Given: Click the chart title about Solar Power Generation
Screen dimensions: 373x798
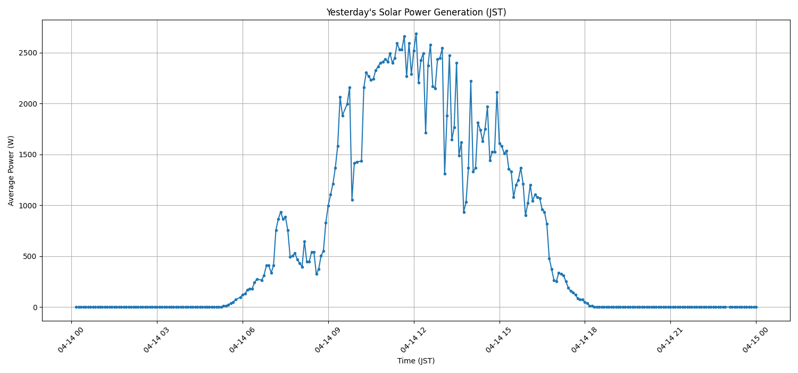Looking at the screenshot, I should tap(416, 12).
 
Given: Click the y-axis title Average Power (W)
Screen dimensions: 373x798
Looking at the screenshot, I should tap(11, 171).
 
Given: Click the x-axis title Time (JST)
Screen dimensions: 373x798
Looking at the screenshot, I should tap(416, 361).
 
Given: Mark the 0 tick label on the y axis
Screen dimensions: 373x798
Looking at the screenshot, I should tap(35, 307).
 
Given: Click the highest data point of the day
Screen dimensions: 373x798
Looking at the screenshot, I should tap(416, 34).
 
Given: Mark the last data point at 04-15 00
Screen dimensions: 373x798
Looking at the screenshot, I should tap(755, 307).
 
